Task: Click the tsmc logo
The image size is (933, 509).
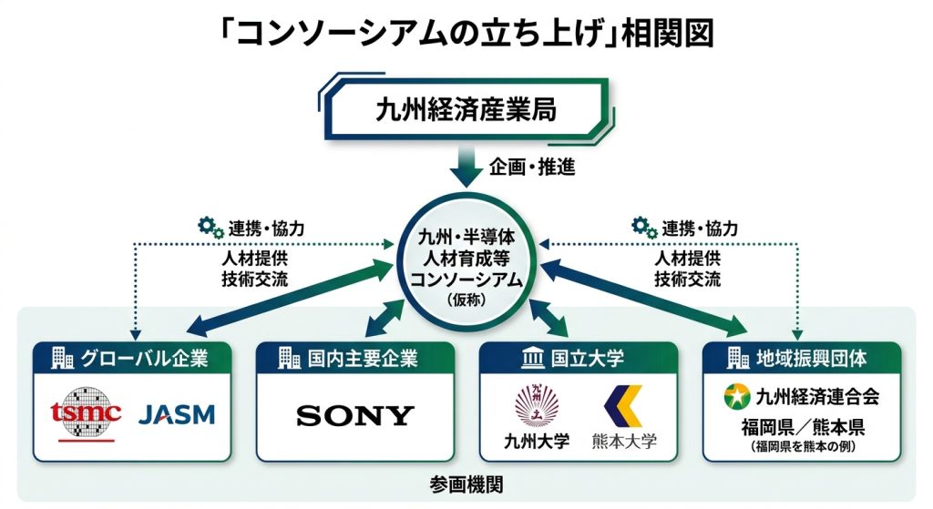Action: (87, 414)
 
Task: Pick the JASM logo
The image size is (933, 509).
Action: (177, 414)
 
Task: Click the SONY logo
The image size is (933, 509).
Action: (354, 415)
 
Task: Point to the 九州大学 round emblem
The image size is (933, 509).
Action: (537, 405)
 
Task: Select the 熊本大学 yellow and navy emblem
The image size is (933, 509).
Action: (623, 406)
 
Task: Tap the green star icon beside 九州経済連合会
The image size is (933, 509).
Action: (736, 396)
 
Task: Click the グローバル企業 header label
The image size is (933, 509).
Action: (144, 359)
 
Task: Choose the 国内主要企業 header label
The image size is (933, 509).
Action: (363, 359)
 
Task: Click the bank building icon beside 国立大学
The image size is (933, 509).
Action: (532, 359)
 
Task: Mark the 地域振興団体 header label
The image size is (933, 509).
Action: (812, 359)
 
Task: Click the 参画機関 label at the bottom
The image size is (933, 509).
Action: (466, 484)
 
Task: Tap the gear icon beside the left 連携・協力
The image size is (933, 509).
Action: (210, 227)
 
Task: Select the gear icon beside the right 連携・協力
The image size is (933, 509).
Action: (644, 227)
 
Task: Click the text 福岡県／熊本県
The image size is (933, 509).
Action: (803, 427)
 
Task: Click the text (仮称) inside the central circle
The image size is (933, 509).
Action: (466, 300)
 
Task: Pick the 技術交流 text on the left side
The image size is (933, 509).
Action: (255, 279)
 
